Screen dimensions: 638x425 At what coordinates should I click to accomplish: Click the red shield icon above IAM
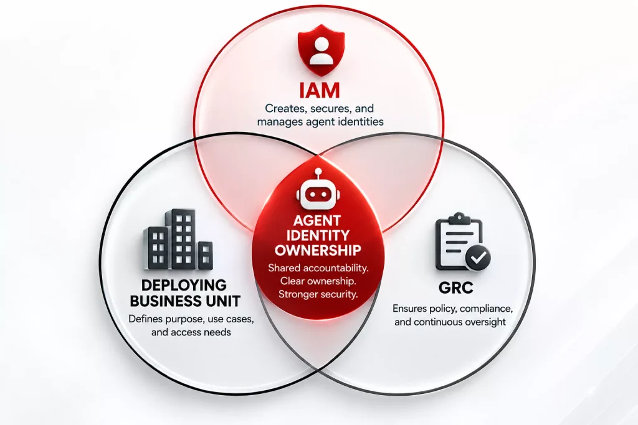click(x=321, y=50)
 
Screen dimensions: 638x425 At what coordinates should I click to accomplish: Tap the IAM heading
click(x=320, y=90)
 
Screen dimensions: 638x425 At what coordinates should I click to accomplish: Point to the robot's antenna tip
click(x=318, y=171)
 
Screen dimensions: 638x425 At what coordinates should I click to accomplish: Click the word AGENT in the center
click(x=317, y=221)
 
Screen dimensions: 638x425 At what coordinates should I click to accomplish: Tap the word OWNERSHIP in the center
click(x=318, y=250)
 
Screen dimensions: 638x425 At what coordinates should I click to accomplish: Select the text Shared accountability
click(x=318, y=268)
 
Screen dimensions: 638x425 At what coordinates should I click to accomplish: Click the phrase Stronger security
click(x=318, y=294)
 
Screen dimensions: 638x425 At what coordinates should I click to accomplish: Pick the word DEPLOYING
click(x=184, y=286)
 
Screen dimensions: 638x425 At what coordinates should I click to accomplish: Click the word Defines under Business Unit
click(x=146, y=319)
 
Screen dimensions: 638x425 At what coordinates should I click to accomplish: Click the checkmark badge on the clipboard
click(x=478, y=258)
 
